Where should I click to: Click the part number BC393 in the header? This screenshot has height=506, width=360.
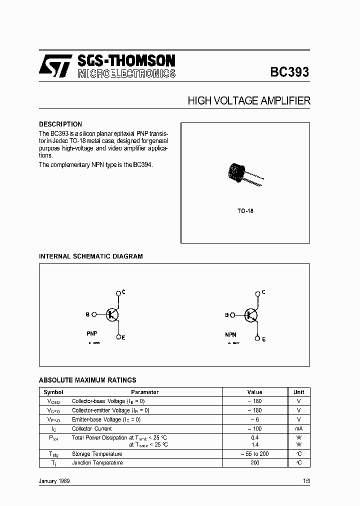(x=289, y=72)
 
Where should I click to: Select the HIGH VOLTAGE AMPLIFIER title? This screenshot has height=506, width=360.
(x=249, y=101)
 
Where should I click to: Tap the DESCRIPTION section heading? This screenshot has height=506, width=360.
(x=60, y=124)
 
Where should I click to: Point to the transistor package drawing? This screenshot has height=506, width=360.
(x=240, y=175)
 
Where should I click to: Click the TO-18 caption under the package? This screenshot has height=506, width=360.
(x=245, y=211)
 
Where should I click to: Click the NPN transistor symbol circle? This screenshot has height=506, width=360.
(x=251, y=314)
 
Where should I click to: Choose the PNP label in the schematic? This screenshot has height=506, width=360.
(x=92, y=332)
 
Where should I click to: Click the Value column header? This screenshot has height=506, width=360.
(x=254, y=392)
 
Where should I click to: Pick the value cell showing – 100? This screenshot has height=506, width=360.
(x=254, y=428)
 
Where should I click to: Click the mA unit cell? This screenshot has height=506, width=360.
(x=298, y=428)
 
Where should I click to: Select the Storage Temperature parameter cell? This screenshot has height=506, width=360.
(x=97, y=454)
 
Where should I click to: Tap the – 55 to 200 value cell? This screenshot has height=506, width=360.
(x=254, y=454)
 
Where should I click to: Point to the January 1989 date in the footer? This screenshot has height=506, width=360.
(x=54, y=480)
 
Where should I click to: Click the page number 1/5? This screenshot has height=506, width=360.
(x=306, y=480)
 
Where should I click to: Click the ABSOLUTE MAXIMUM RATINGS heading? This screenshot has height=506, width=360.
(x=87, y=380)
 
